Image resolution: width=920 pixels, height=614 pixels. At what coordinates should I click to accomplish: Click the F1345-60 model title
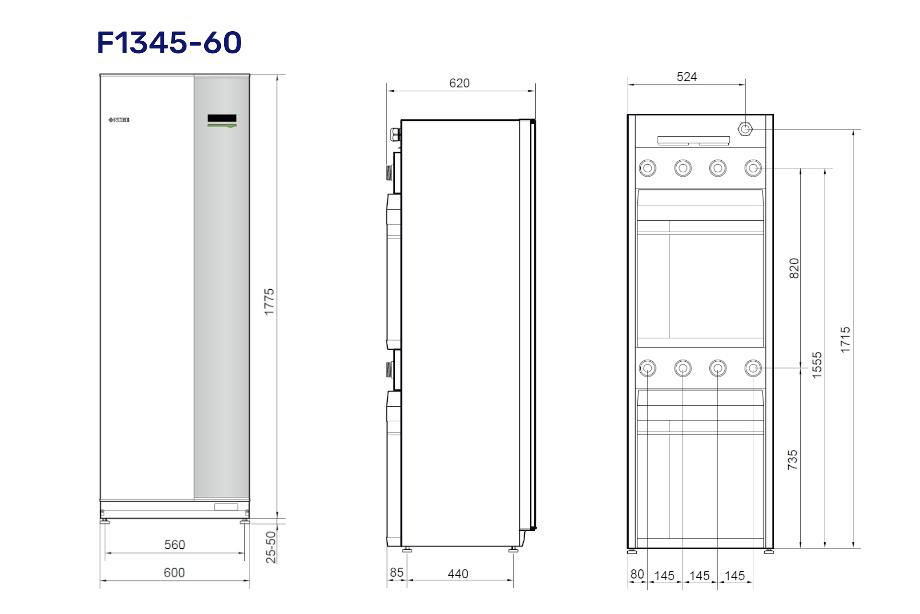[169, 43]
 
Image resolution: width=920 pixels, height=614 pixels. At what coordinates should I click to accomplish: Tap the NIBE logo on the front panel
[119, 120]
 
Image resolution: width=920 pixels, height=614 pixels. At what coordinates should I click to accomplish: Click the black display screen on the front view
[222, 118]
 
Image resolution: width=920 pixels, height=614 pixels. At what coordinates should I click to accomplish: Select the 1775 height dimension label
[269, 302]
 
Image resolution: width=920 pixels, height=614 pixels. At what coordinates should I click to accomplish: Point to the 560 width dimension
[174, 545]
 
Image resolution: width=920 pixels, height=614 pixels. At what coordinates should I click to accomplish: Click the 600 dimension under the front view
[174, 573]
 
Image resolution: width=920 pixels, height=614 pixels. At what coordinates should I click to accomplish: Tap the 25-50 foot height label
[271, 547]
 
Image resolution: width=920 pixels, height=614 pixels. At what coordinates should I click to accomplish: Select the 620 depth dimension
[459, 83]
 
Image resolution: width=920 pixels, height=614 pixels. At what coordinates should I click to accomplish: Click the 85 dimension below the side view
[396, 573]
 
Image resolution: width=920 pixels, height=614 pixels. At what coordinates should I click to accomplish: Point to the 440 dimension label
[458, 574]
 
